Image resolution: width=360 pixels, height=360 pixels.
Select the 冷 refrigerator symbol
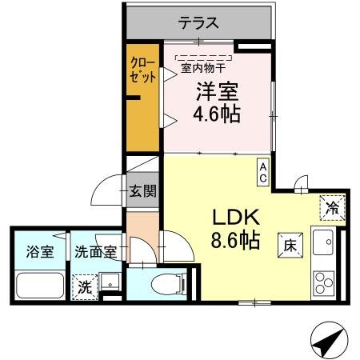(332, 206)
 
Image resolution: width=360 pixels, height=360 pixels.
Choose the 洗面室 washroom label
(95, 251)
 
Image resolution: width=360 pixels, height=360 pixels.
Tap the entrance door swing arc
(107, 191)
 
